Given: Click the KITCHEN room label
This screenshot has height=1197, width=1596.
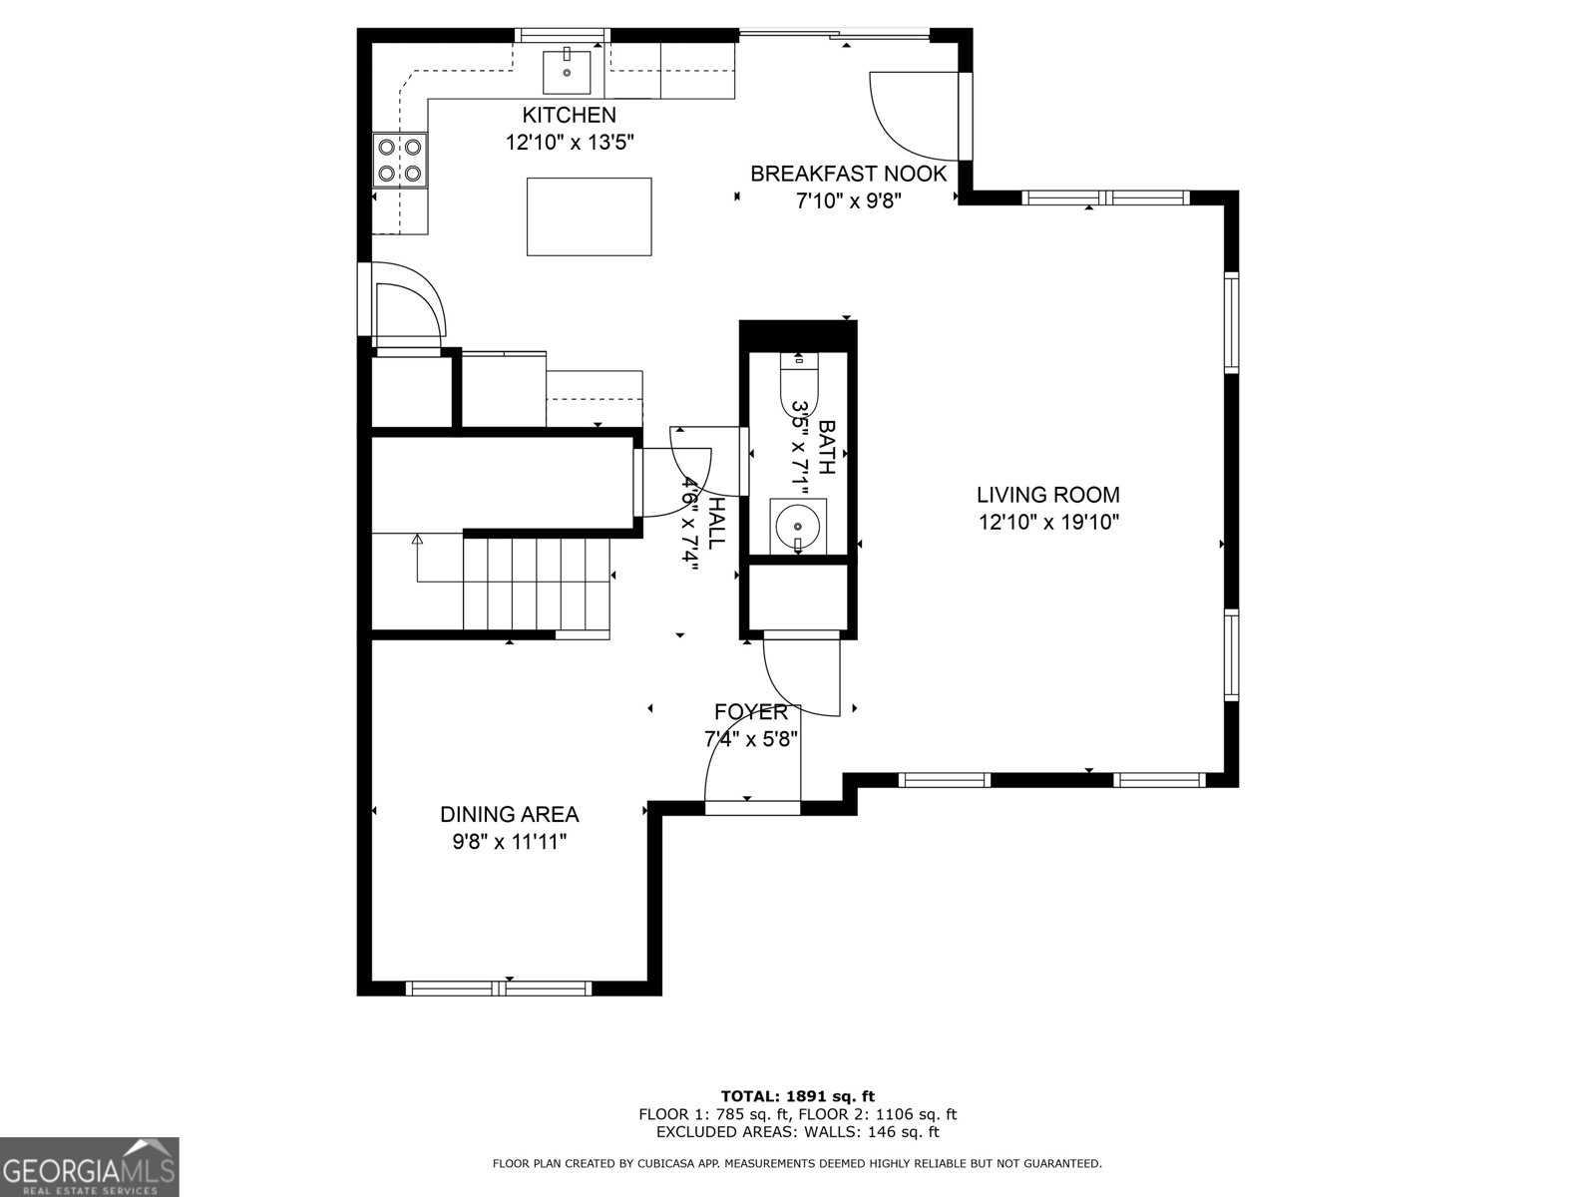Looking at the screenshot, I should tap(569, 115).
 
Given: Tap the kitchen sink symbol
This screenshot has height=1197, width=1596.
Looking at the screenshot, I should tap(567, 71).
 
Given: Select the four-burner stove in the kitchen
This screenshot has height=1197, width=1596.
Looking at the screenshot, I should tap(399, 161).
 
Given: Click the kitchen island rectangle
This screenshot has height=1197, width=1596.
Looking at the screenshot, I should tap(589, 216).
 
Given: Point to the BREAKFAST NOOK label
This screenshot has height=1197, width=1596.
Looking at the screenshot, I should tap(848, 174).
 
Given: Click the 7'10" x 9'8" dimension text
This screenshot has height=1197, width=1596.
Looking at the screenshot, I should tap(848, 200).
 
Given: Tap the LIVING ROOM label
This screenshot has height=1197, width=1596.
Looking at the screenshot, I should tap(1047, 495).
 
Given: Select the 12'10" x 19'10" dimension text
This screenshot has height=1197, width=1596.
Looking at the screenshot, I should tap(1047, 522).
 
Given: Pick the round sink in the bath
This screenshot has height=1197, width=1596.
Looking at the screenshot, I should tap(797, 524).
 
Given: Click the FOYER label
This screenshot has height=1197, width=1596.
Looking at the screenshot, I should tap(750, 712).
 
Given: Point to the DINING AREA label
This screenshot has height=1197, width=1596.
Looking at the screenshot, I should tap(509, 814).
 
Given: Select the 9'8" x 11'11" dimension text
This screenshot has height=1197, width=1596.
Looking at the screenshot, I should tap(509, 842).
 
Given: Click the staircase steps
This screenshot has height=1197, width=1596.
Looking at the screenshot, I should tap(537, 584).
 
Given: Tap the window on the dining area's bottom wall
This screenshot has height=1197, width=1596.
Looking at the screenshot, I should tap(499, 988).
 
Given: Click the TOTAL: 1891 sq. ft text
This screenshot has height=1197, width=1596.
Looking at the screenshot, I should tap(797, 1096).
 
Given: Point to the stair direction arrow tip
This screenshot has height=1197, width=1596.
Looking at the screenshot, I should tap(417, 539).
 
